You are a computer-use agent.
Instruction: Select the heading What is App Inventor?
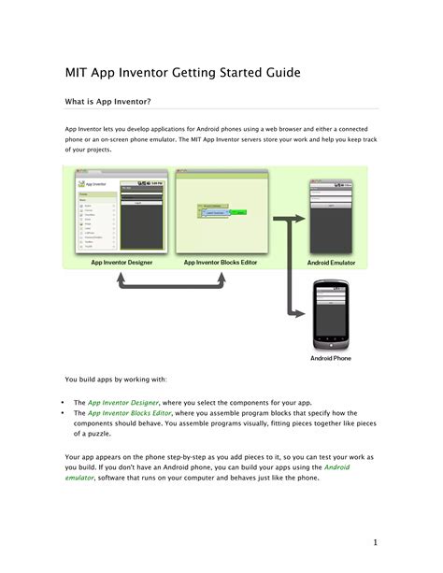(x=107, y=100)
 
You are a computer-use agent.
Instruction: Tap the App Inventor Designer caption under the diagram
(x=121, y=263)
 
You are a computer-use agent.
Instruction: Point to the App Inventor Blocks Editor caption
(x=221, y=263)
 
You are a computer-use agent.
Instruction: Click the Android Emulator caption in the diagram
(x=331, y=263)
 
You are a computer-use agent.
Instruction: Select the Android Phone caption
(x=331, y=357)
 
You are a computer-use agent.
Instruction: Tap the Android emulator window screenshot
(x=331, y=214)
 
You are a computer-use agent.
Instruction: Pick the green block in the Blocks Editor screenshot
(x=240, y=213)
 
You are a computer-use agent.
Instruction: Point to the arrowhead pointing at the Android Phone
(x=305, y=314)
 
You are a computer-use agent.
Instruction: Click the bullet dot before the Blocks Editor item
(x=62, y=412)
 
